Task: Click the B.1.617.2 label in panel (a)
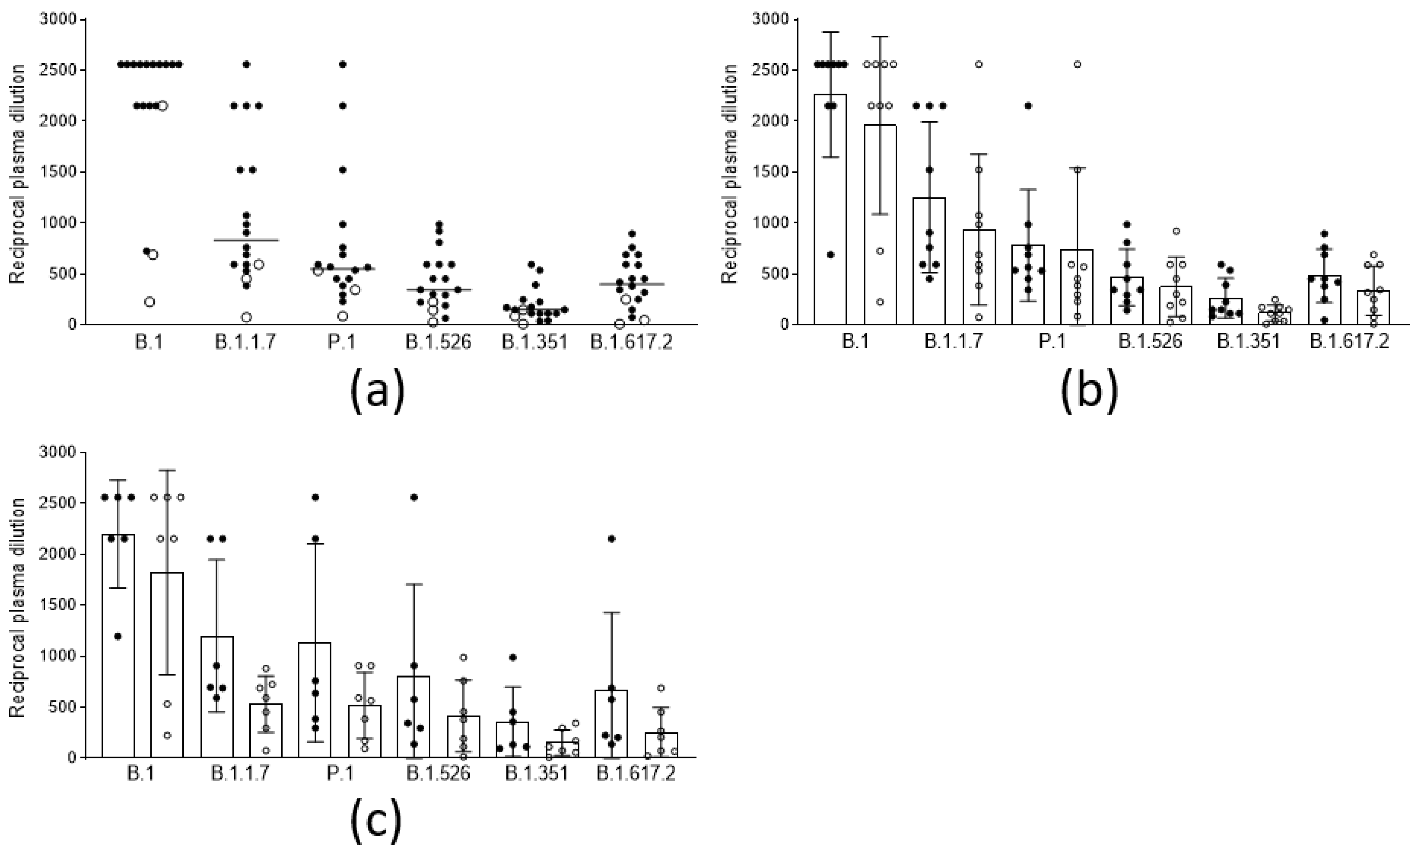(x=632, y=342)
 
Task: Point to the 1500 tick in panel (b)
(x=770, y=172)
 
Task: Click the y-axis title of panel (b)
(x=730, y=173)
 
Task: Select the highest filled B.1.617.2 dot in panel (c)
(x=612, y=539)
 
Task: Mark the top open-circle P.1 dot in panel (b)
(x=1077, y=64)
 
